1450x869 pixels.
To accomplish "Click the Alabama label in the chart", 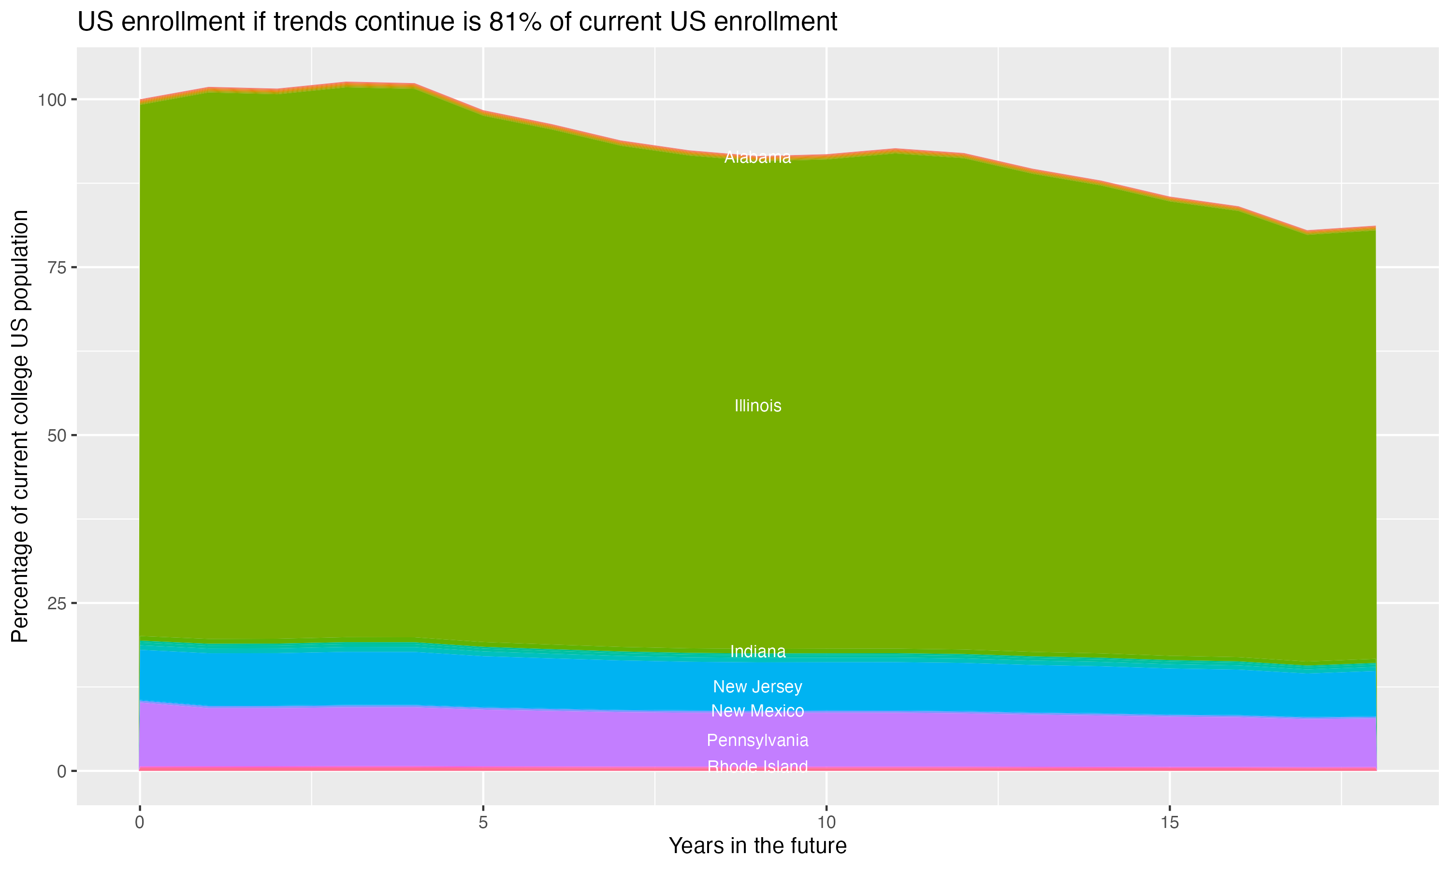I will coord(757,157).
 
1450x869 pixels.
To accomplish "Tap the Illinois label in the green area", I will coord(757,406).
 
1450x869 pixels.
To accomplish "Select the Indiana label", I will coord(757,651).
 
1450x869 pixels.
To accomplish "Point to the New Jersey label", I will coord(757,687).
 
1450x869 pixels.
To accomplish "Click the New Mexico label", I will coord(757,711).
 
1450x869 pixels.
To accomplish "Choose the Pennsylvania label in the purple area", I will coord(757,740).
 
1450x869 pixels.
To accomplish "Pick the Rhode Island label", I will coord(757,767).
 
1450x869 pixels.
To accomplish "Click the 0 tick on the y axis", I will coord(61,771).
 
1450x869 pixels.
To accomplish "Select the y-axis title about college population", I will coord(20,426).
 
